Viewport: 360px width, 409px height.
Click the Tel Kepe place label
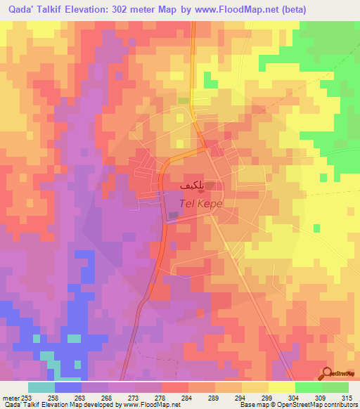point(202,202)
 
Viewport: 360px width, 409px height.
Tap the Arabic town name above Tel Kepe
point(193,186)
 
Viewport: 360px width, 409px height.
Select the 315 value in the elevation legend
point(347,397)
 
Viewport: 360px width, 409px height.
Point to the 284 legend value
point(188,397)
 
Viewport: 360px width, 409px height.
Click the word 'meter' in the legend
point(11,397)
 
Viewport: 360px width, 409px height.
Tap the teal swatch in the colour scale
point(41,387)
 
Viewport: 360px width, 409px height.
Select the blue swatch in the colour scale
point(68,387)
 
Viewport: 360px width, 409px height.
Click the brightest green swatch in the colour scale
point(309,387)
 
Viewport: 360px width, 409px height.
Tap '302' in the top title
point(141,10)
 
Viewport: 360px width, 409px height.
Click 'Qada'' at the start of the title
point(20,10)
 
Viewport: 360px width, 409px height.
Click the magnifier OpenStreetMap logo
point(328,372)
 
